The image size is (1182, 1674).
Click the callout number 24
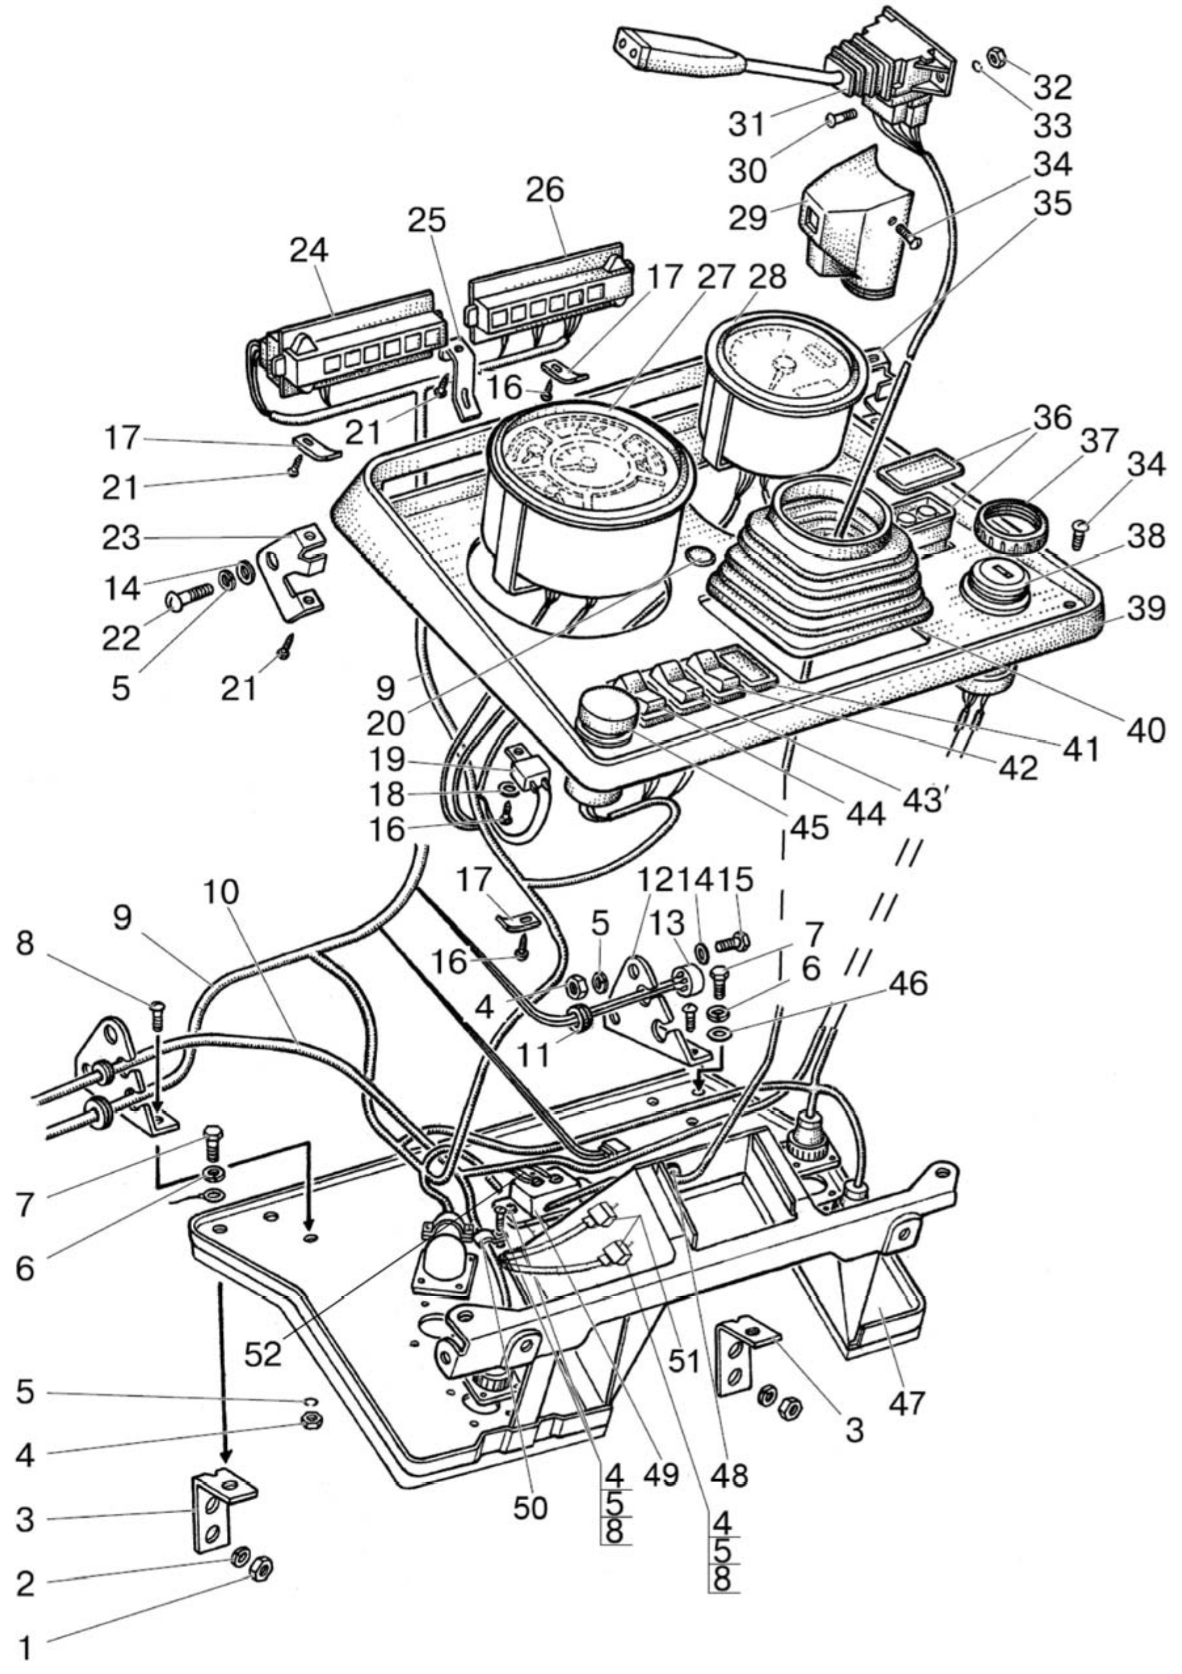point(308,251)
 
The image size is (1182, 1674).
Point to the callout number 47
point(905,1400)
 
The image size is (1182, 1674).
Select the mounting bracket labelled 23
point(296,571)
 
